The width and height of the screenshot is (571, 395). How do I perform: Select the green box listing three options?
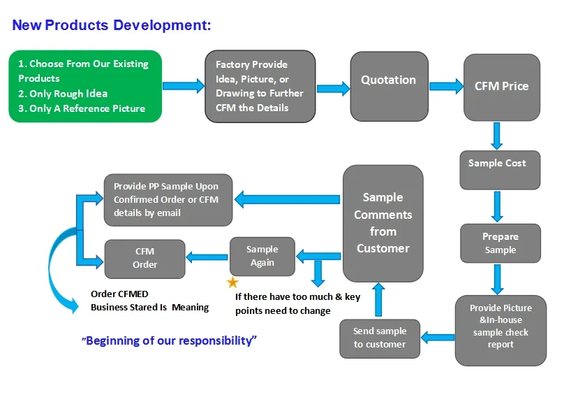[x=85, y=86]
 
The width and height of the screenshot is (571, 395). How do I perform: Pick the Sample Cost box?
[x=500, y=169]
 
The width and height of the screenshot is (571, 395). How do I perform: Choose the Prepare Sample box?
[x=500, y=243]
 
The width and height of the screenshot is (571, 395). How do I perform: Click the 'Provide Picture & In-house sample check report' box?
[x=500, y=330]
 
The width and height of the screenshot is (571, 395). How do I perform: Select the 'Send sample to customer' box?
[x=380, y=338]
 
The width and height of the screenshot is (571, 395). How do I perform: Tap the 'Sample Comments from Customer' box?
[x=383, y=223]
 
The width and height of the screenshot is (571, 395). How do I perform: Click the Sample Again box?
[x=262, y=256]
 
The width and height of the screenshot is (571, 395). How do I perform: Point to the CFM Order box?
[x=144, y=259]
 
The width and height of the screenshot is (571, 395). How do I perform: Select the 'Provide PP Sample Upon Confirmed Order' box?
[x=168, y=200]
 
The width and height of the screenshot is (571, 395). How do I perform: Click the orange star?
[x=232, y=282]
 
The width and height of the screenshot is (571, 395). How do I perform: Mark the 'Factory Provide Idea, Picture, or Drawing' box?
[x=260, y=87]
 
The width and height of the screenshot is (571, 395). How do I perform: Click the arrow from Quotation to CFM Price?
[x=446, y=87]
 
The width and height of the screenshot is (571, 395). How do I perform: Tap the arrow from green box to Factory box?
[x=184, y=86]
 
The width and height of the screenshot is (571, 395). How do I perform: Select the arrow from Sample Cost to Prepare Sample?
[x=498, y=206]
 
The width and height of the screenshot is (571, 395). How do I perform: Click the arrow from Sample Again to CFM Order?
[x=208, y=257]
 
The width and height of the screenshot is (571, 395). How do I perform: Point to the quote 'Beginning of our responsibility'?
[x=170, y=340]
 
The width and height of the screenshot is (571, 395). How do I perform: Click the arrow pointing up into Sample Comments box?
[x=378, y=299]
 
